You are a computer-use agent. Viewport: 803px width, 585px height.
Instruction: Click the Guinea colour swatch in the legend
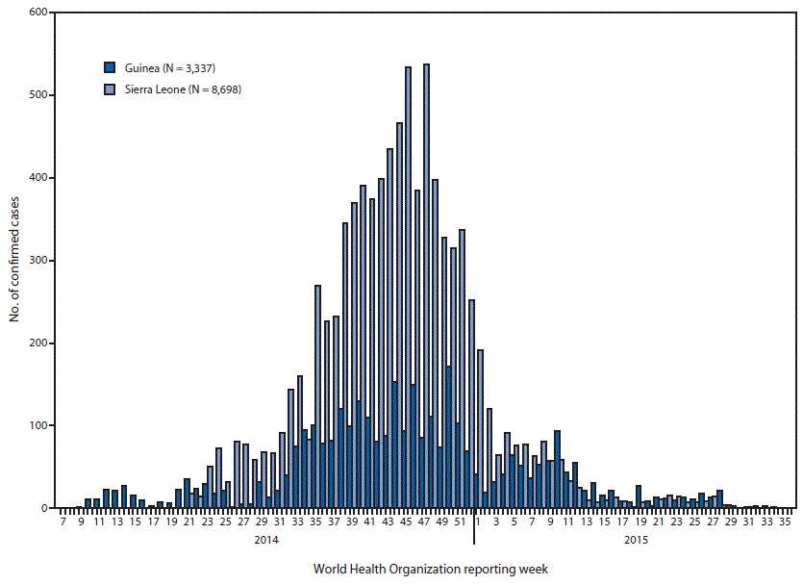point(110,67)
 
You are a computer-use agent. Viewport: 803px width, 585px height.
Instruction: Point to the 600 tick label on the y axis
point(39,13)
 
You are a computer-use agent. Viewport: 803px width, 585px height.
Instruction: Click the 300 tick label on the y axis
point(39,261)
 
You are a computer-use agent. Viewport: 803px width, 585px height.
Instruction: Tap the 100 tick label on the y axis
point(39,425)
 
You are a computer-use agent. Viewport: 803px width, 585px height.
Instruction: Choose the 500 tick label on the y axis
point(39,95)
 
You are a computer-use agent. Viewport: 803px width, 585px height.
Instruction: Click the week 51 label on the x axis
point(460,521)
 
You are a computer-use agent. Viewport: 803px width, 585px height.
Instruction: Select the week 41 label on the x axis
point(369,521)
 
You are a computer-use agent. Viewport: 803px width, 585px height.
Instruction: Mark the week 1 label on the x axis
point(478,521)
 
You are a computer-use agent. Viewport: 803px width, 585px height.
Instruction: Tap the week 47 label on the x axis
point(424,521)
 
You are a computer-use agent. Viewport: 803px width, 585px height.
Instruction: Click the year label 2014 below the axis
point(266,540)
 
